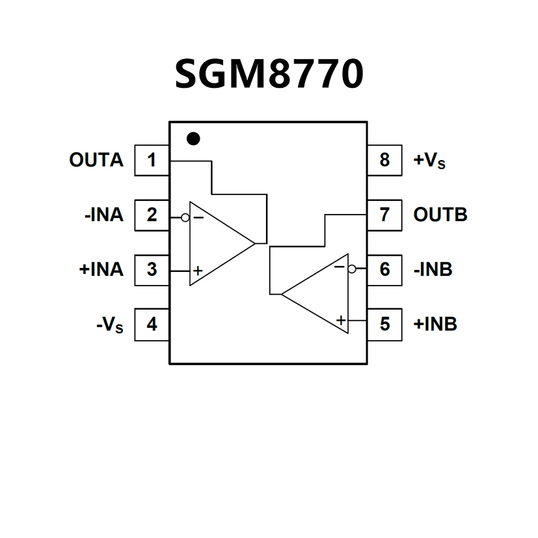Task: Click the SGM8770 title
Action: (269, 74)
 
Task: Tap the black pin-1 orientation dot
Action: (193, 139)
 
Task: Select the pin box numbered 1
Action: (152, 160)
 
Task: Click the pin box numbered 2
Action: (152, 215)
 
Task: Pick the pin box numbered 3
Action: (152, 269)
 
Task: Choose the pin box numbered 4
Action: (152, 324)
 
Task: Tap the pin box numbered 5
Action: (384, 324)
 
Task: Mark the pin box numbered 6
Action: (384, 269)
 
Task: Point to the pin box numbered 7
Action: (384, 215)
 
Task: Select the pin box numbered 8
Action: (384, 160)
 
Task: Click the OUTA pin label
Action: (96, 160)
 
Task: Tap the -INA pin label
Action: (103, 215)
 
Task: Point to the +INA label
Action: (101, 269)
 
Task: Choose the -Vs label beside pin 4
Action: (109, 325)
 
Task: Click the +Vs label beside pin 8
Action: (430, 161)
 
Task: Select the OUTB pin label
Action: (440, 215)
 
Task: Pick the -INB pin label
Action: (433, 269)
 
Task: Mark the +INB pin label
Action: (435, 324)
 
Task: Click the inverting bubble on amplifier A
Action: (185, 217)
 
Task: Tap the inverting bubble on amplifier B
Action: (352, 269)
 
